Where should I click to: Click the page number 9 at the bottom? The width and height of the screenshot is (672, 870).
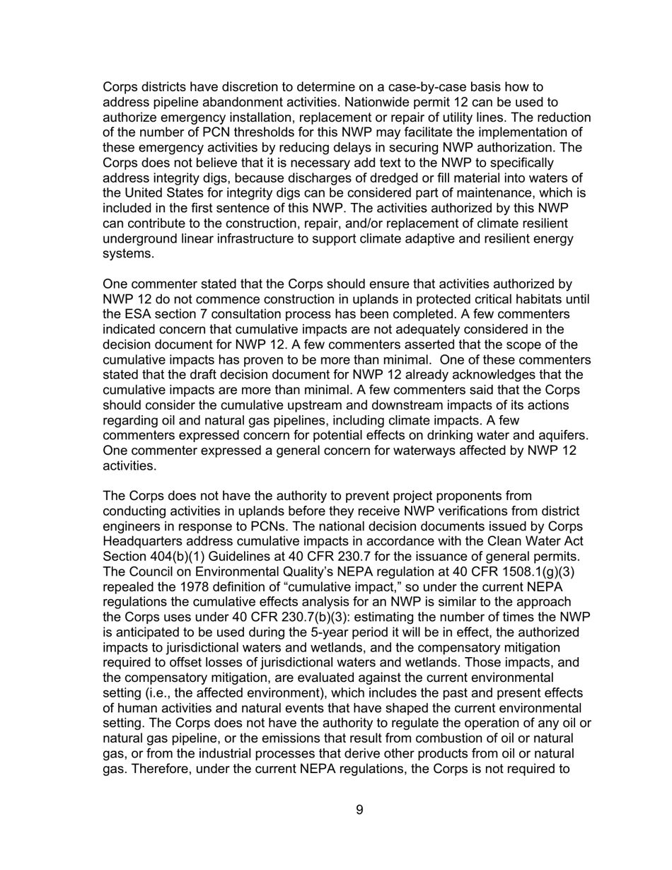(360, 810)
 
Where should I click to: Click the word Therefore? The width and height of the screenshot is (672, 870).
(157, 770)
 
